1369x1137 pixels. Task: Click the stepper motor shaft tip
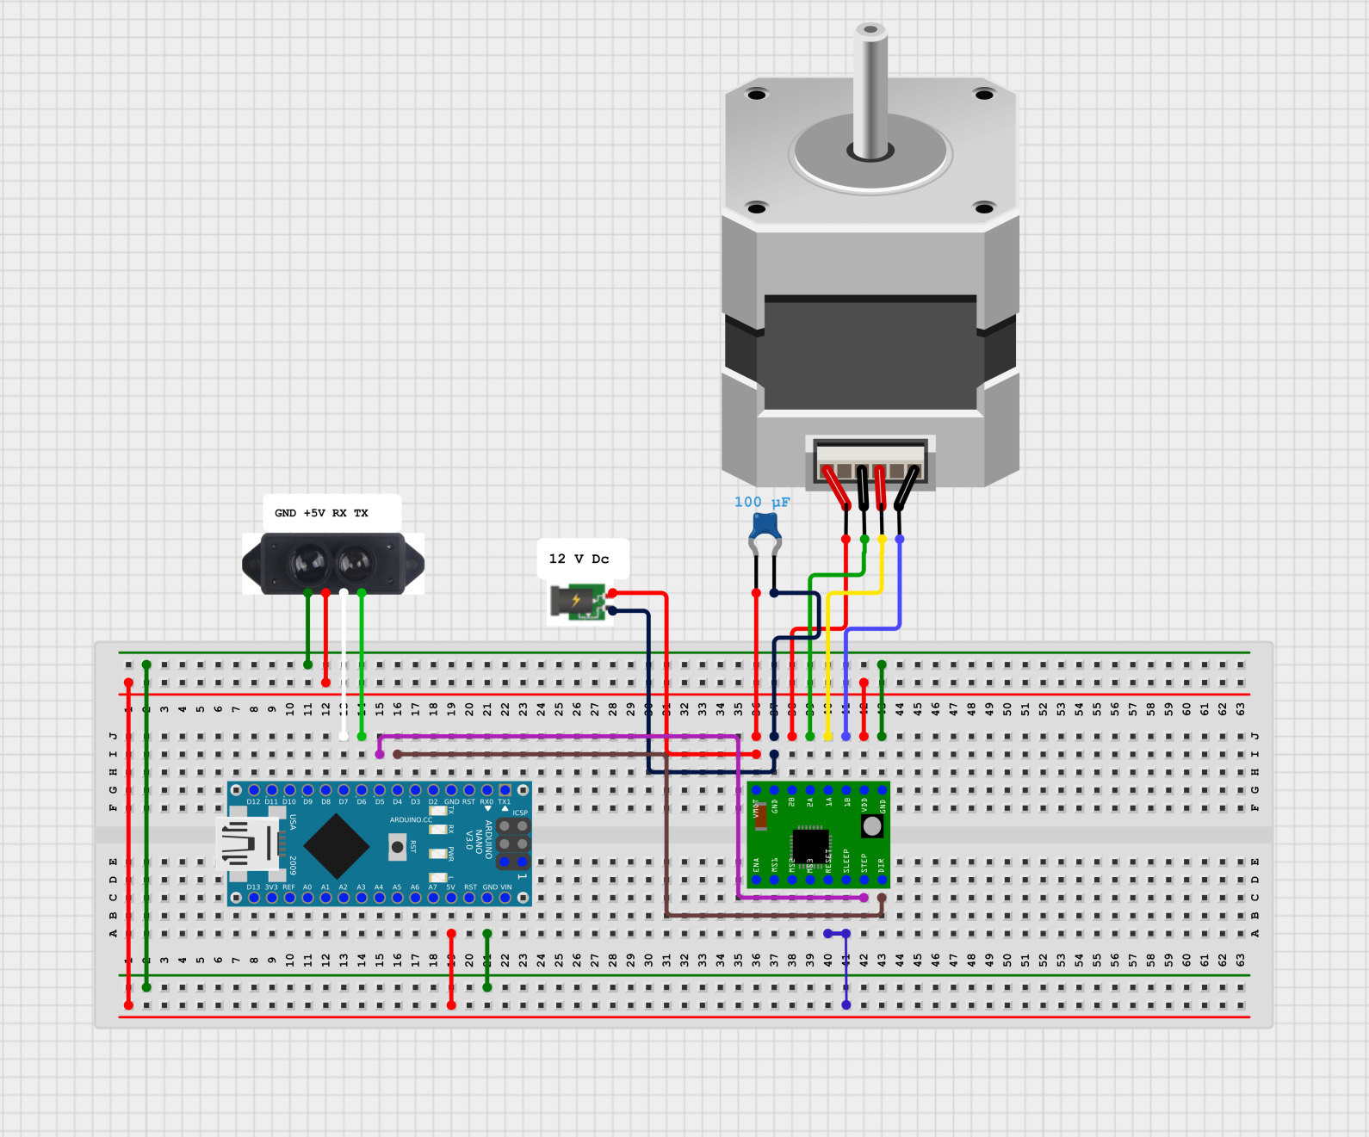(x=870, y=32)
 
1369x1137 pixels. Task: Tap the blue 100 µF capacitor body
(x=765, y=524)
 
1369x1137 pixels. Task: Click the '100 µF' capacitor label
(x=761, y=502)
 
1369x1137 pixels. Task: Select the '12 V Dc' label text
(x=579, y=559)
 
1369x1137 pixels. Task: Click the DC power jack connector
(x=576, y=602)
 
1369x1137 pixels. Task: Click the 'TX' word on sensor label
(x=361, y=513)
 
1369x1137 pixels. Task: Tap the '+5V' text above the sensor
(x=314, y=513)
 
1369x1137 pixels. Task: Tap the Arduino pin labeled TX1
(x=505, y=790)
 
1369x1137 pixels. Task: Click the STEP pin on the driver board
(x=864, y=880)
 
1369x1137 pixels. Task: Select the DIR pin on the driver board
(x=882, y=880)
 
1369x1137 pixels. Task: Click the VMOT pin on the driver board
(x=756, y=790)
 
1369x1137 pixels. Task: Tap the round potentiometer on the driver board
(x=871, y=826)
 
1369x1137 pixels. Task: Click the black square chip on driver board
(x=809, y=843)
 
